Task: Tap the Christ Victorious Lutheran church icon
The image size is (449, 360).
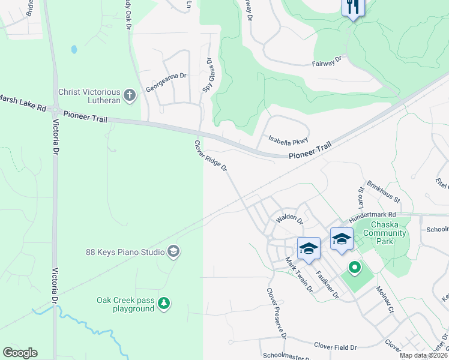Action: point(130,95)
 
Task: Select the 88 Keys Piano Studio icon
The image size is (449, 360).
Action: point(173,251)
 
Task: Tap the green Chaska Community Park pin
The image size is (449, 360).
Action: point(354,268)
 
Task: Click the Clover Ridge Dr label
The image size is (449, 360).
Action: point(210,156)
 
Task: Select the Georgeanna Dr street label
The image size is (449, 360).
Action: point(166,83)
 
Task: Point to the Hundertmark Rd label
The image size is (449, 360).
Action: point(373,214)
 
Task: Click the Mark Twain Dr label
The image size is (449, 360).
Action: point(299,275)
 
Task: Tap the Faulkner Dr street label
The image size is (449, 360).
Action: point(328,284)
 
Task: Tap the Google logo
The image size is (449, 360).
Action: point(20,353)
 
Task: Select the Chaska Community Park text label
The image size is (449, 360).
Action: point(385,229)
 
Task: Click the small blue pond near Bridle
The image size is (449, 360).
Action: point(74,49)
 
